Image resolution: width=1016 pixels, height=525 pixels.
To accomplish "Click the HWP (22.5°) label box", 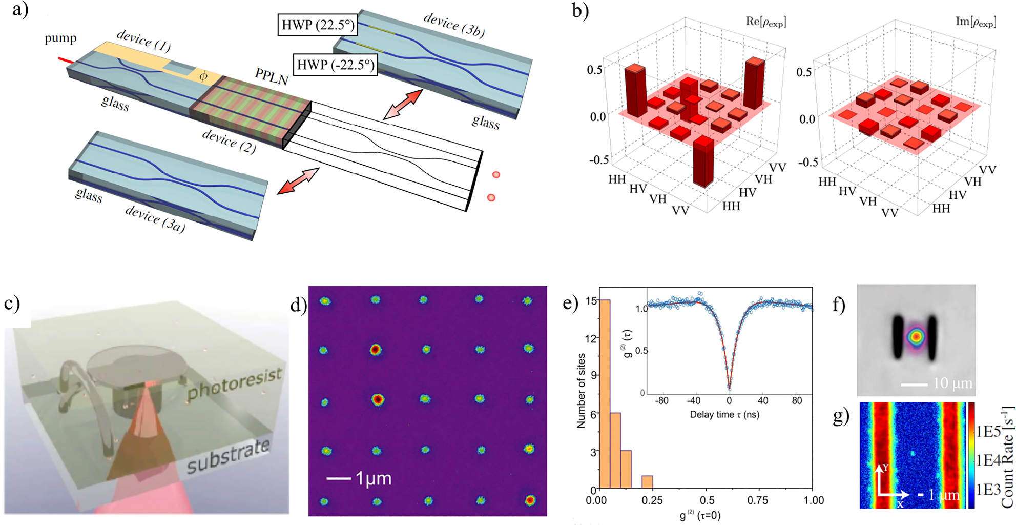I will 317,25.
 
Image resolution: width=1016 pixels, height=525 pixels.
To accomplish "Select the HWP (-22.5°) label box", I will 336,65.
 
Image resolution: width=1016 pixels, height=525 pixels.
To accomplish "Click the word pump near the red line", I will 60,38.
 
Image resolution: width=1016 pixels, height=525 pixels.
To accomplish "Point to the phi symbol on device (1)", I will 203,76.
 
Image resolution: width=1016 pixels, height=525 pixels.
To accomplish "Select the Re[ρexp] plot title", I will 765,22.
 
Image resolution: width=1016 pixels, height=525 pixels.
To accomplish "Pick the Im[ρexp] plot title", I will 976,22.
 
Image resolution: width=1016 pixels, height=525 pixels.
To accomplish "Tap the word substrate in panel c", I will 227,456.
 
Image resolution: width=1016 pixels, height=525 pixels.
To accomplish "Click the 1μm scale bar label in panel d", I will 374,478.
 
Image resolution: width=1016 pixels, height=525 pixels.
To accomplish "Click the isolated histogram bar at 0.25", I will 647,482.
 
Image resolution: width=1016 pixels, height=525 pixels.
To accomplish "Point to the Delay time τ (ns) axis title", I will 724,414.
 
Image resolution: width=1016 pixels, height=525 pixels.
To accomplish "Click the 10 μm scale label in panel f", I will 952,383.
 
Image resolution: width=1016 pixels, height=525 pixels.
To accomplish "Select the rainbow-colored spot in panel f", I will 915,337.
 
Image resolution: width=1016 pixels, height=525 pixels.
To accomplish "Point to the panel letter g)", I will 841,417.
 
